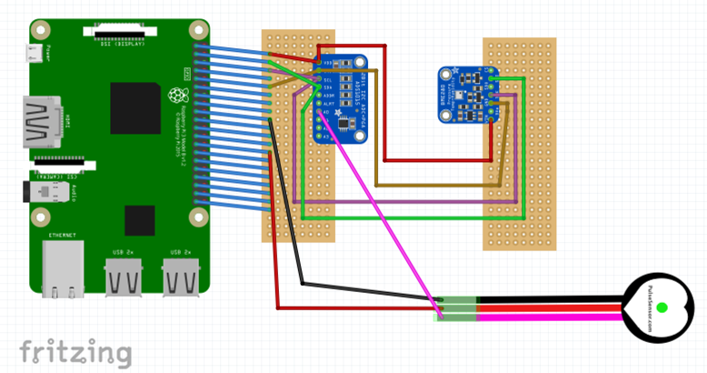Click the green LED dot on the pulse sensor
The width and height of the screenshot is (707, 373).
pyautogui.click(x=662, y=307)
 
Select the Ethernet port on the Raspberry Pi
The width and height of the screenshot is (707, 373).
pyautogui.click(x=62, y=268)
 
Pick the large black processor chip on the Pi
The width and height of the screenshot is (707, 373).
pyautogui.click(x=136, y=108)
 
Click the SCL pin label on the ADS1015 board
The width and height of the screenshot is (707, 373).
pyautogui.click(x=328, y=79)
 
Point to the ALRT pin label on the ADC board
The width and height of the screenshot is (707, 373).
pyautogui.click(x=328, y=104)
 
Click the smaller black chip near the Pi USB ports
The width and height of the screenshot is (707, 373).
pyautogui.click(x=140, y=220)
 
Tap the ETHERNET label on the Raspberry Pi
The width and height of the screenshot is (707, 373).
pyautogui.click(x=63, y=235)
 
